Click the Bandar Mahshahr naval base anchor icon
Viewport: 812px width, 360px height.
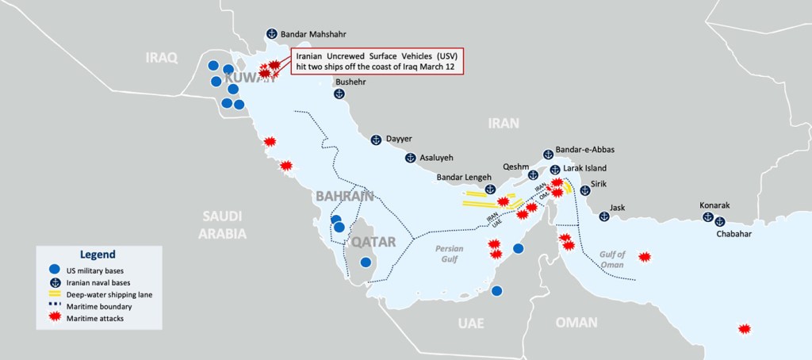270,35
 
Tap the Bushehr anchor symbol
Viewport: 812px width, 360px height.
339,94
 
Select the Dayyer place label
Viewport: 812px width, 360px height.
399,139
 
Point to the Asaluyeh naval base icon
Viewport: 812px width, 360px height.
411,158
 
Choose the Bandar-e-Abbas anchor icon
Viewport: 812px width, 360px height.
547,154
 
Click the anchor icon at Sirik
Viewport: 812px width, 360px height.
585,190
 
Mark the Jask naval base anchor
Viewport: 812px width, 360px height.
604,216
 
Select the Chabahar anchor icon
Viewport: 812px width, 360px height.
720,221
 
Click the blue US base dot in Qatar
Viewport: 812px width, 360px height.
366,262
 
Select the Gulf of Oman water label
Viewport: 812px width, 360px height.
612,259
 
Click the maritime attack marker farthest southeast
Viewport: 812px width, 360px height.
744,329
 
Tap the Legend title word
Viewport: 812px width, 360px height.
98,254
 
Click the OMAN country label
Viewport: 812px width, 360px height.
576,322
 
